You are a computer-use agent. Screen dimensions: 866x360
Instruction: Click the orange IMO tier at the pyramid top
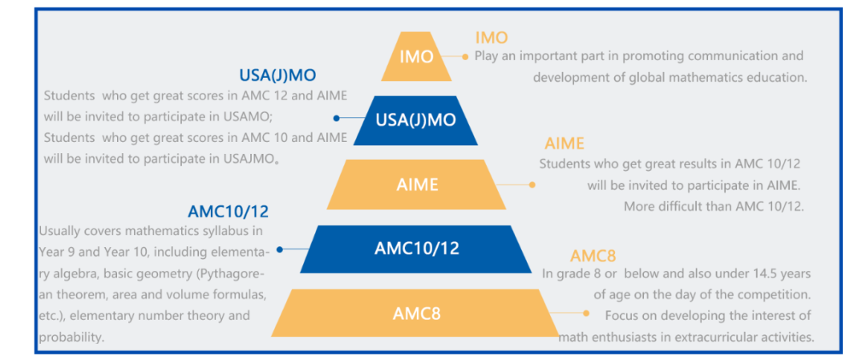click(x=416, y=56)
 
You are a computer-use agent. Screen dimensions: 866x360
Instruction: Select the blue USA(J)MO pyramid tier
click(x=415, y=120)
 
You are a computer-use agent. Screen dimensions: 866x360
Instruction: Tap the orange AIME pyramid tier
click(x=416, y=184)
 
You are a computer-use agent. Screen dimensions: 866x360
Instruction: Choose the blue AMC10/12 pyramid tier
click(x=416, y=249)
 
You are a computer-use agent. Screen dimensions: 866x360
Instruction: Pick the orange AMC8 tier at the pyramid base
click(x=416, y=313)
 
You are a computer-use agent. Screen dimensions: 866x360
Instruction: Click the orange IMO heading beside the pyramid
click(x=491, y=38)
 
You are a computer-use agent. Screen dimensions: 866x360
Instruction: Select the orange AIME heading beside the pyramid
click(x=564, y=144)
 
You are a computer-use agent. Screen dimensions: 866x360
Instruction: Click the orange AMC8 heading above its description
click(x=593, y=257)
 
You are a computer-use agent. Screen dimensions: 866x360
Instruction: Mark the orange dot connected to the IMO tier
click(x=464, y=56)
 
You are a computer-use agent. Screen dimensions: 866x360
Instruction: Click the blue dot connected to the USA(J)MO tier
click(x=336, y=118)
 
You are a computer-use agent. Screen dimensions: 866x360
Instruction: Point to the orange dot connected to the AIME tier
click(x=532, y=185)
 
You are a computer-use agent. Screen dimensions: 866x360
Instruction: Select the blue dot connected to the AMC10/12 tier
click(x=280, y=249)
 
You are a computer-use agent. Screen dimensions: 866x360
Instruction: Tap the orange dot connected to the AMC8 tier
click(x=586, y=313)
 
